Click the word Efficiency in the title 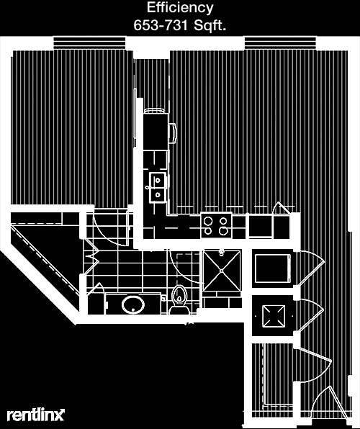tap(180, 8)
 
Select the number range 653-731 tap(161, 26)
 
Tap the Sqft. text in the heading tap(210, 26)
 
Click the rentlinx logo tap(35, 415)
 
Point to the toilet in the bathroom tap(179, 300)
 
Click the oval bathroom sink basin tap(133, 304)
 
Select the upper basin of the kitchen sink tap(158, 180)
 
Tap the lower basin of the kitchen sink tap(158, 195)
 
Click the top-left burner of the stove tap(208, 220)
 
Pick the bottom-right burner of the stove tap(224, 231)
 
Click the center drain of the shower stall tap(222, 271)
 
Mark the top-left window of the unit tap(89, 43)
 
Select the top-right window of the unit tap(280, 43)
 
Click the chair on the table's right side tap(173, 133)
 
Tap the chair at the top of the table tap(155, 111)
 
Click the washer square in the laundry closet tap(273, 268)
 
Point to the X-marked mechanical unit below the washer tap(274, 316)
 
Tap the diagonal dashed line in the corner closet tap(45, 261)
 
